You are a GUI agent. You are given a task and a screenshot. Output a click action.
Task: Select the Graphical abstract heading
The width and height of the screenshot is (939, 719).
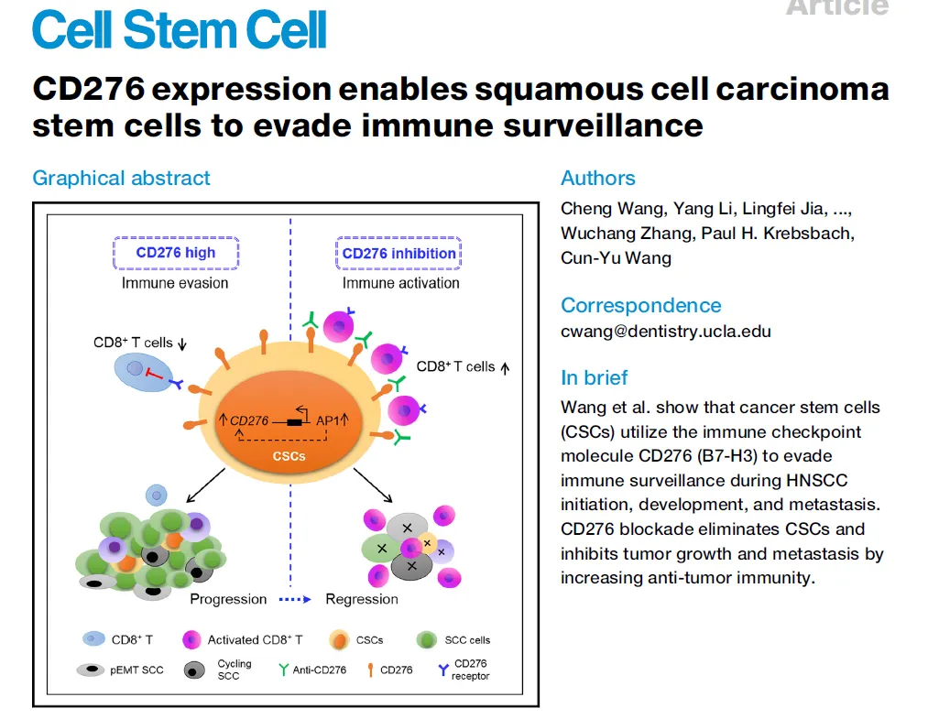tap(121, 178)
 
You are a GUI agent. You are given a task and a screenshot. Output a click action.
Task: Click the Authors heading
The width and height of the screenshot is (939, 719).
tap(597, 178)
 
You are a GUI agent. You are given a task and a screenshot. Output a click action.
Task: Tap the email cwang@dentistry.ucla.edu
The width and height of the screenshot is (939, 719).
tap(666, 331)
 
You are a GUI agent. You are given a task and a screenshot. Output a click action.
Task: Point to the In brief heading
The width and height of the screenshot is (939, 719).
tap(594, 377)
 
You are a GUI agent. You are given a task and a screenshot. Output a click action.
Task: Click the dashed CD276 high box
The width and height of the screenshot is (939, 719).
tap(176, 253)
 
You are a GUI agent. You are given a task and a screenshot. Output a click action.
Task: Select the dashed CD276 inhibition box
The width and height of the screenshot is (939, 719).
tap(399, 253)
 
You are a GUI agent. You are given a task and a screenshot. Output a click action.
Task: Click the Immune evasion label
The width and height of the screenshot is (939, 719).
tap(175, 283)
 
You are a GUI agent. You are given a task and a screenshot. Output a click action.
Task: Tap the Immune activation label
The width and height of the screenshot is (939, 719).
tap(400, 283)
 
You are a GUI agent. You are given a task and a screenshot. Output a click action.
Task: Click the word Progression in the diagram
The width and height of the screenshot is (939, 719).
tap(228, 599)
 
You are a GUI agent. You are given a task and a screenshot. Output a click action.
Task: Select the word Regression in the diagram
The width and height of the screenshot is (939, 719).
tap(362, 599)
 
